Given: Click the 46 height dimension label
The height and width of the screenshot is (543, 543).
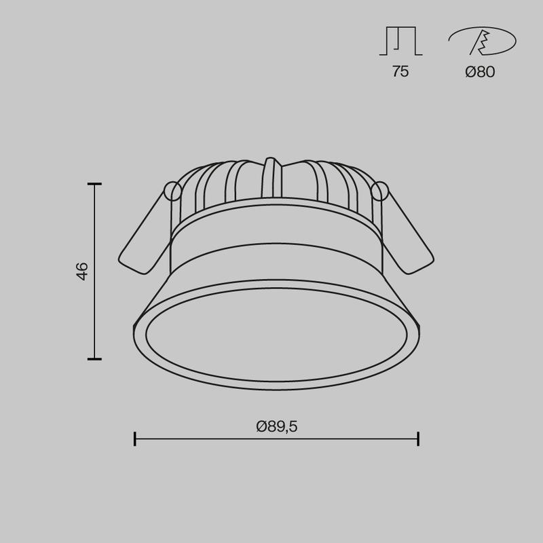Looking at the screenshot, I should pos(82,271).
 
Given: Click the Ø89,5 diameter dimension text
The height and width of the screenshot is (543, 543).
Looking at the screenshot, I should pos(277,426).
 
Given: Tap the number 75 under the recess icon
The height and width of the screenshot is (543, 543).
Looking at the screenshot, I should pos(400,72).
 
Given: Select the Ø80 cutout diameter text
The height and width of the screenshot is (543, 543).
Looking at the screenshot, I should pos(480,72).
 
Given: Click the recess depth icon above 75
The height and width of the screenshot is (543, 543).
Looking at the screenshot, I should pos(400,41).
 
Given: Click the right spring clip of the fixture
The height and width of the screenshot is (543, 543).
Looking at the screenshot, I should pos(407,234).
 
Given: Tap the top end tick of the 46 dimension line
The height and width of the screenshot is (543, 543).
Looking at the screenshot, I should pos(94,184).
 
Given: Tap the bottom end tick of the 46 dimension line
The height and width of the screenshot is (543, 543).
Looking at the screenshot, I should pos(94,358).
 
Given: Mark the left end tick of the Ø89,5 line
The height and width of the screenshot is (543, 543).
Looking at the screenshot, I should pos(135,438).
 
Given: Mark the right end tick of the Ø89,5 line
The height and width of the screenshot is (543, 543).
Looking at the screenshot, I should pos(418,438).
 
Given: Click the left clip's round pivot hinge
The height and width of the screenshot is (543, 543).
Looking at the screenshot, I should pos(172,192).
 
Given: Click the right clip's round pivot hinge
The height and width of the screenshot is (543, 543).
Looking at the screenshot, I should pos(380,192).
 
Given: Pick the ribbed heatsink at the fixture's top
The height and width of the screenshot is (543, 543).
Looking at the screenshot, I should pos(231,183).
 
